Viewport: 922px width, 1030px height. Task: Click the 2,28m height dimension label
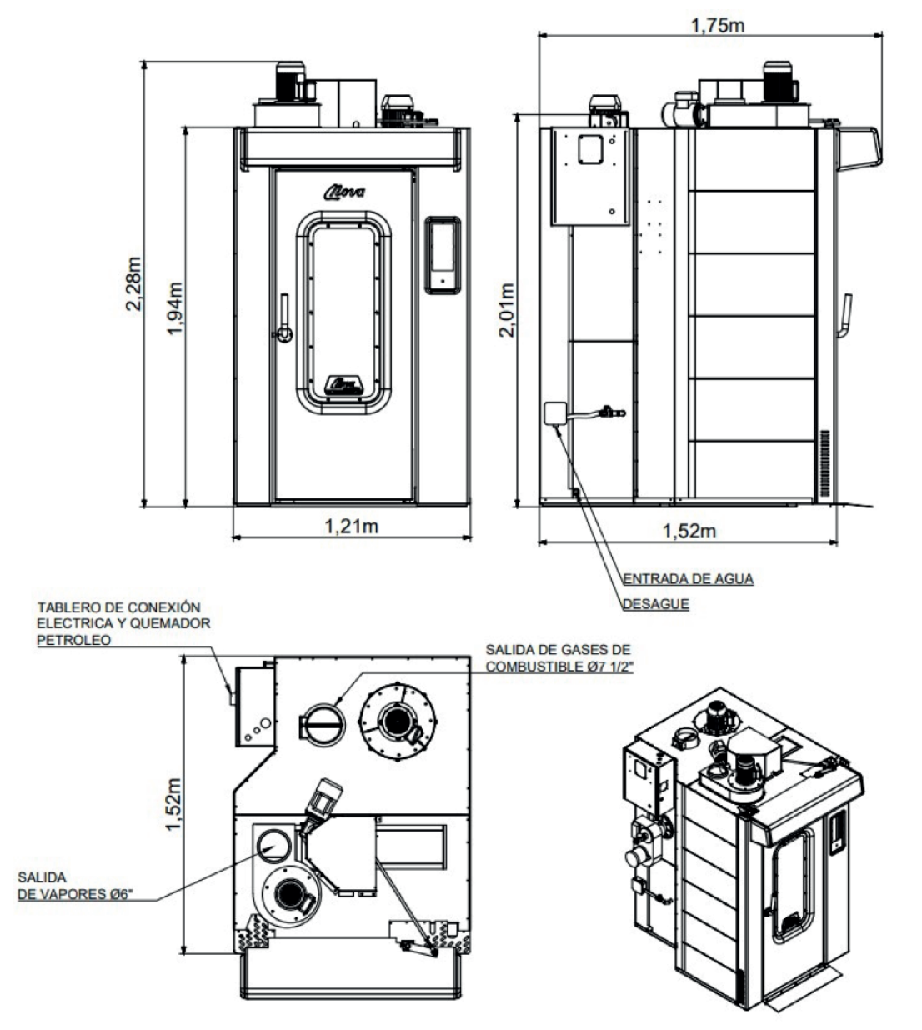tap(133, 283)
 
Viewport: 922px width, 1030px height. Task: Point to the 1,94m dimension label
tap(174, 308)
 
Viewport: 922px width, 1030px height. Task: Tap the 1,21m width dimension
tap(352, 526)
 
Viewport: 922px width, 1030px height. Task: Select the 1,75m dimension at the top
tap(718, 24)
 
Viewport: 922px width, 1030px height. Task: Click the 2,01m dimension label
tap(507, 310)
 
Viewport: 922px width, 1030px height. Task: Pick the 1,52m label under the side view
tap(689, 532)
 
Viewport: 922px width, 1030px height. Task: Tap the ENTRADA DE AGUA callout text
tap(688, 579)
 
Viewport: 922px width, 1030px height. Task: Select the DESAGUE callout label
tap(656, 604)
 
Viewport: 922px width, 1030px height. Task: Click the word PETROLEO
tap(73, 640)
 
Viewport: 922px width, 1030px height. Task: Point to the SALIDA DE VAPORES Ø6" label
tap(75, 886)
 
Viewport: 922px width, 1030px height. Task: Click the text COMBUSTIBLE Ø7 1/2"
tap(559, 667)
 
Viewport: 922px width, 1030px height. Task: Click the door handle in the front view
tap(283, 318)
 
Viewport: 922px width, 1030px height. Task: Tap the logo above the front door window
tap(344, 192)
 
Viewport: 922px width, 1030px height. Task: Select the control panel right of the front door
tap(443, 255)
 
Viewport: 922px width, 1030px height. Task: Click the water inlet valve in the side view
tap(612, 412)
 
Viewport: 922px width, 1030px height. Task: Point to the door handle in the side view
tap(844, 315)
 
